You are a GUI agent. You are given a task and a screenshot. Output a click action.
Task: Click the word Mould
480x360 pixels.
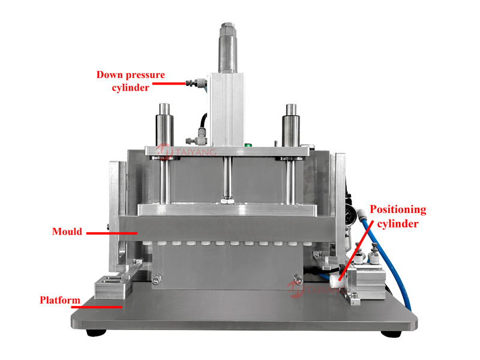[67, 232]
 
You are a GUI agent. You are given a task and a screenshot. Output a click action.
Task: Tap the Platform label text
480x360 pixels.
[60, 300]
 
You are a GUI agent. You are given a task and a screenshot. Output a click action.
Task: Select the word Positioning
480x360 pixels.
[398, 209]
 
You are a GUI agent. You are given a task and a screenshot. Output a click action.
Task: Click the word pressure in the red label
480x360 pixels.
[145, 75]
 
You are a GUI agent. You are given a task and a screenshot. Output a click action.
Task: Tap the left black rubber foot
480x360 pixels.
[96, 332]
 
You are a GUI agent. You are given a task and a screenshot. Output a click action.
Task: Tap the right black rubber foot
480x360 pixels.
[391, 334]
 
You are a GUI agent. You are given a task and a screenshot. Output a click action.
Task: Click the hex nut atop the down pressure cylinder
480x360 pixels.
[228, 25]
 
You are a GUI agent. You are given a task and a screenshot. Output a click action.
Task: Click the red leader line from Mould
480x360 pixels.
[112, 233]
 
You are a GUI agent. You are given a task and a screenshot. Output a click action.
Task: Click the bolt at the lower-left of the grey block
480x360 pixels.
[157, 280]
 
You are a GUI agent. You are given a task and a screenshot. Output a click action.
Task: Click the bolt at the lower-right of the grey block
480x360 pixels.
[298, 279]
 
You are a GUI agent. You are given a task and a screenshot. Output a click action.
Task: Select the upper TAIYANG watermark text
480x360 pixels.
[196, 152]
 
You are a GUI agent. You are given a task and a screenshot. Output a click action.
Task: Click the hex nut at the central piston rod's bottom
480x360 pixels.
[227, 201]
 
